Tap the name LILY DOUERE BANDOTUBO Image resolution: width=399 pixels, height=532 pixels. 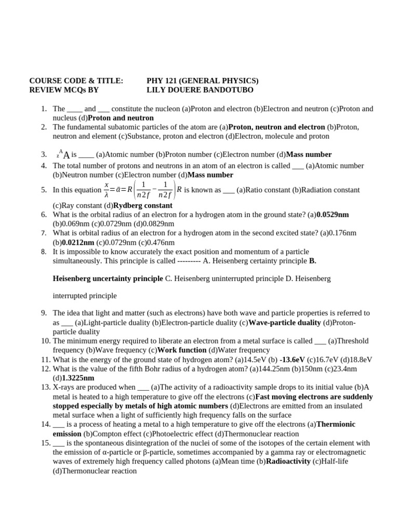click(x=200, y=90)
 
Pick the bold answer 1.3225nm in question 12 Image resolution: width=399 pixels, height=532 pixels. click(x=78, y=378)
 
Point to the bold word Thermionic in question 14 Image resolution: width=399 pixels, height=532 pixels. click(x=336, y=424)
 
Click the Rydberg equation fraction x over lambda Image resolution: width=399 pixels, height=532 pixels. click(x=107, y=190)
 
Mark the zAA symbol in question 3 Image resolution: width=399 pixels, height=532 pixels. click(x=63, y=154)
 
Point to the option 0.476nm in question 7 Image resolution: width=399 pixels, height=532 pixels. click(x=158, y=242)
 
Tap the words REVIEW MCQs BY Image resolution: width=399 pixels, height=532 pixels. click(x=63, y=90)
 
